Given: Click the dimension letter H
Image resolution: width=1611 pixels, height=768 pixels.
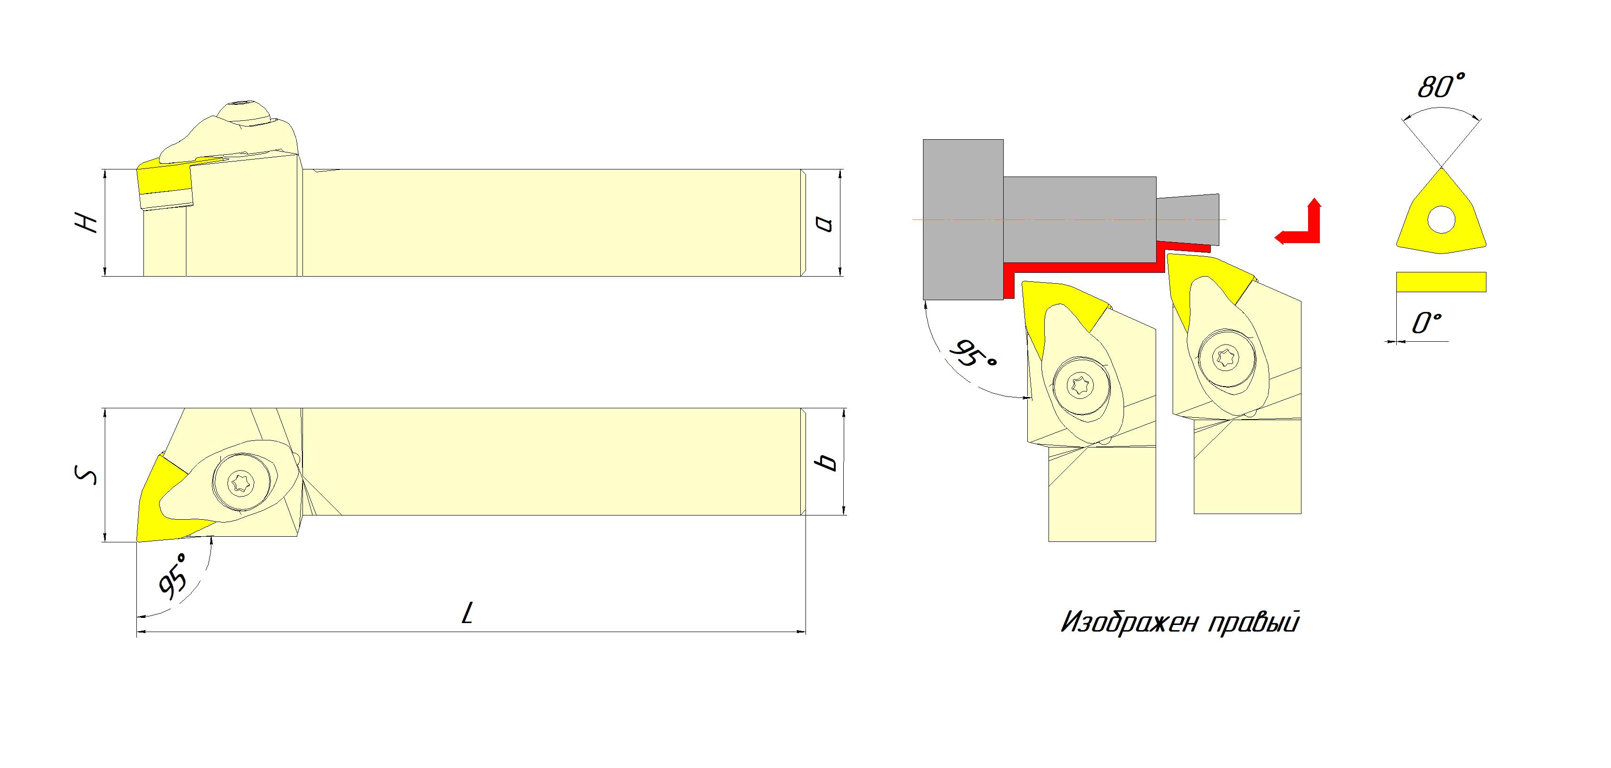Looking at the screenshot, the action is click(86, 223).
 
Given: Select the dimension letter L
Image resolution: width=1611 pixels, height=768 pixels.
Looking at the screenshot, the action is click(467, 613).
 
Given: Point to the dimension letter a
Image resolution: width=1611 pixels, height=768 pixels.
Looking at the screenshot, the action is click(825, 223).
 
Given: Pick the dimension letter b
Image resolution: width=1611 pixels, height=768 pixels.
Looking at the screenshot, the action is click(827, 462).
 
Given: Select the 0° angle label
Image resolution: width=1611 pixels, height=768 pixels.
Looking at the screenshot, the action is click(1426, 323).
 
